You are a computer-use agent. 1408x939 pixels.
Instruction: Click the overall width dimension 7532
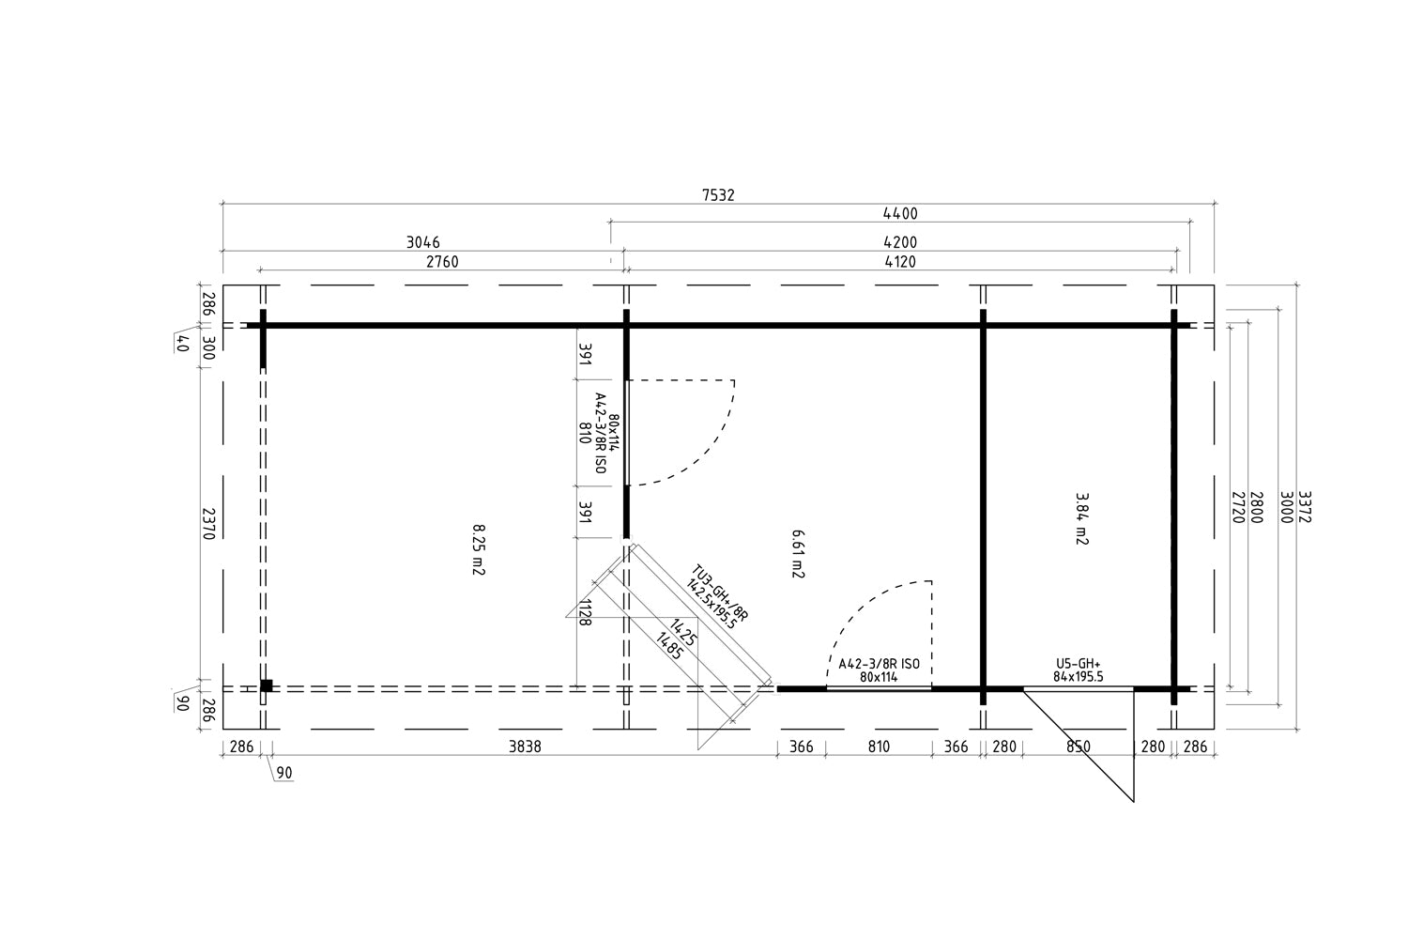718,195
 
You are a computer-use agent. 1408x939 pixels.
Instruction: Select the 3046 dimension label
423,242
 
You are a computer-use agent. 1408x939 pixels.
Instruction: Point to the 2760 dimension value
442,262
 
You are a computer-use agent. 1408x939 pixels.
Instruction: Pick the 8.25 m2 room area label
478,549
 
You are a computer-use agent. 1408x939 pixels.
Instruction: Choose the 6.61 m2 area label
799,552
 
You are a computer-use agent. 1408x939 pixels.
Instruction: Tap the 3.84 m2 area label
1081,518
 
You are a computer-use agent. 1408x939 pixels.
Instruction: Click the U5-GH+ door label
1078,663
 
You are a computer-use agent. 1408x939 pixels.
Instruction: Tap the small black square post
267,685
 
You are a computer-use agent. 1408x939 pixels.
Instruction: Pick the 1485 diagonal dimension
668,647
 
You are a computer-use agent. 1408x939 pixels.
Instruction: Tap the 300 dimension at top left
208,348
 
